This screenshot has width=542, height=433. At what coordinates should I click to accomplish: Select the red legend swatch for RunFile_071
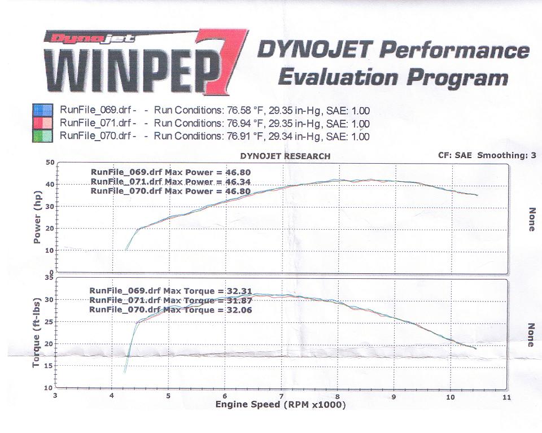coord(43,123)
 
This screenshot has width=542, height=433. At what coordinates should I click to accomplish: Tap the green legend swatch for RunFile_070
coord(43,136)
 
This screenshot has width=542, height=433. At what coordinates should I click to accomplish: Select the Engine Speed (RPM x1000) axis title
coord(280,405)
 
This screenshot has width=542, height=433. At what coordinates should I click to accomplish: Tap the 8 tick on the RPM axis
coord(338,397)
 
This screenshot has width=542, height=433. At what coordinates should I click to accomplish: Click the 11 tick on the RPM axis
coord(506,397)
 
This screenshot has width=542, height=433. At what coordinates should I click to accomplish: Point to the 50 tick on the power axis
coord(50,163)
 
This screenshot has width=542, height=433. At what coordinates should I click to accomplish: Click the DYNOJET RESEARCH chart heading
coord(285,156)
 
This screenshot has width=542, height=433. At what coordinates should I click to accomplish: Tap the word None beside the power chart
coord(530,218)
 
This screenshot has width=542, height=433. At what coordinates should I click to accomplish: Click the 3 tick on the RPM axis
coord(55,397)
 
